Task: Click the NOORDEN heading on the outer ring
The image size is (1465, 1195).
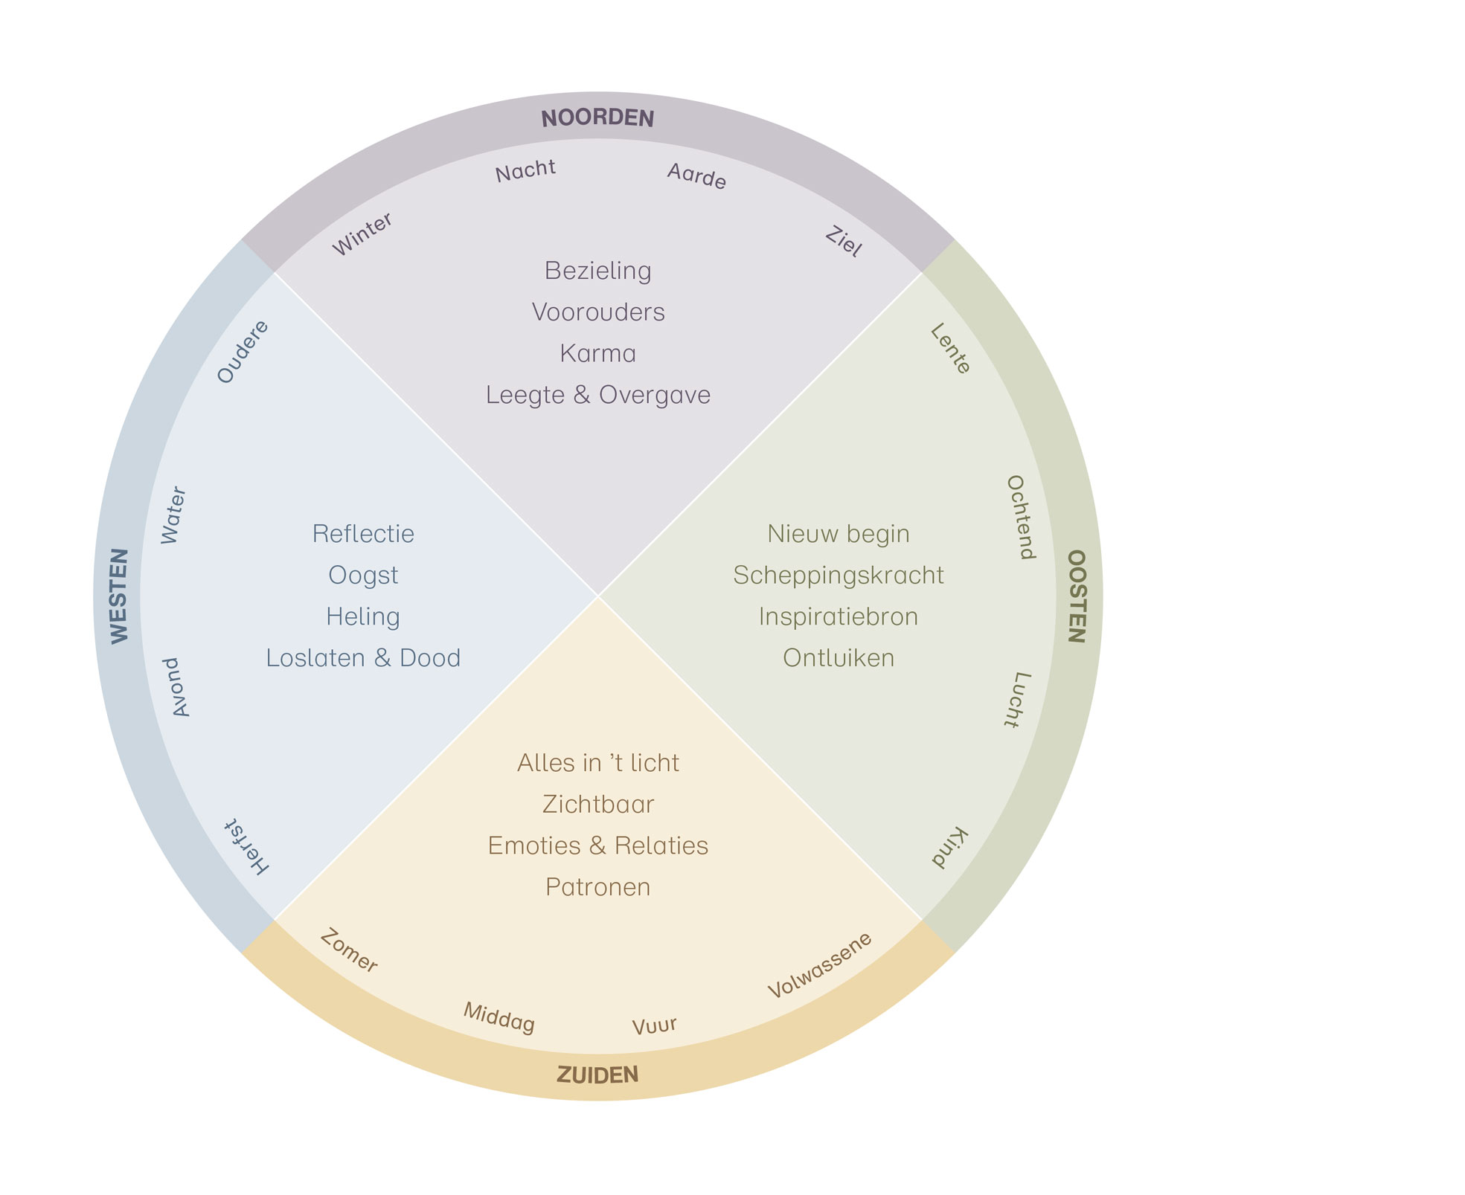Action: [597, 117]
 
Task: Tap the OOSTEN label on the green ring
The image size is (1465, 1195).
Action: [1077, 596]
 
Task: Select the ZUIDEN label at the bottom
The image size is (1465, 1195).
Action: [597, 1075]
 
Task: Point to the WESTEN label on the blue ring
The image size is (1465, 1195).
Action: [119, 596]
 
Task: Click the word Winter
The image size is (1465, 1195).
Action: [362, 234]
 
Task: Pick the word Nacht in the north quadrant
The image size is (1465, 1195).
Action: [525, 171]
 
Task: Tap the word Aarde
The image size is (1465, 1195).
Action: [696, 176]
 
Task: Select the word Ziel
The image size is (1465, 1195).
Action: [844, 242]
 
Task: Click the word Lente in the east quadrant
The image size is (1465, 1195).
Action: [950, 348]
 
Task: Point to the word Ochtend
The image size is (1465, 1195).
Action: [1020, 517]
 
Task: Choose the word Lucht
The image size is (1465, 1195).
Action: [1017, 699]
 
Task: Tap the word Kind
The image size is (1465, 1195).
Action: [950, 847]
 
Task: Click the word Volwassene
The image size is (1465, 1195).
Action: [819, 965]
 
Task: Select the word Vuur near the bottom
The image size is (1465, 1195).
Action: [655, 1025]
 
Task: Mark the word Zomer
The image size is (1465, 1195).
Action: [349, 951]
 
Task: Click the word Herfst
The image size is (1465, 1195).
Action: [246, 847]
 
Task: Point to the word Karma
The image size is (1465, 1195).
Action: [598, 353]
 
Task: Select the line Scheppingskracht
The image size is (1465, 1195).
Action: [839, 576]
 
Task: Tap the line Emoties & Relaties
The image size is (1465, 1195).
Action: [598, 845]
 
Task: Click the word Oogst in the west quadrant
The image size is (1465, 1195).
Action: [363, 576]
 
